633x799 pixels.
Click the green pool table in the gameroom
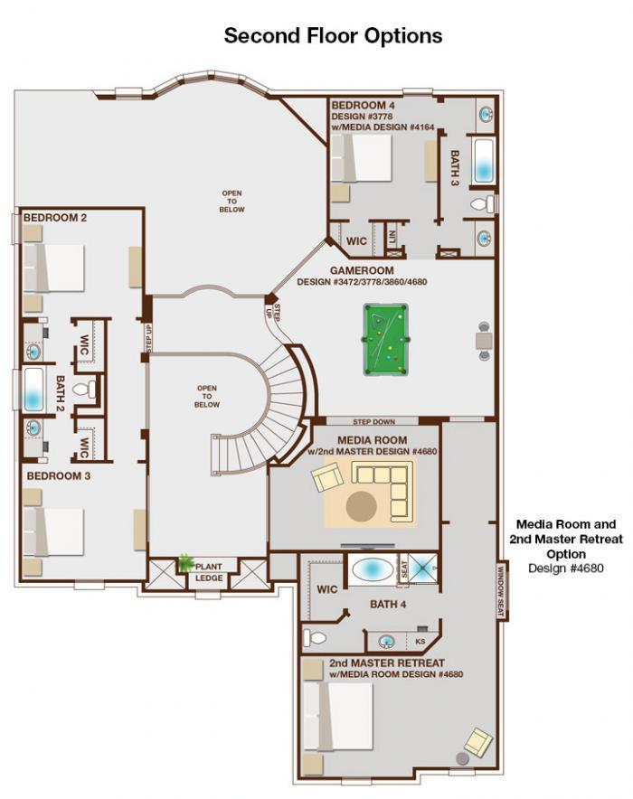[386, 340]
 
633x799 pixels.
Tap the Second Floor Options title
[334, 35]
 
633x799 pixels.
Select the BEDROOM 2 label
[55, 218]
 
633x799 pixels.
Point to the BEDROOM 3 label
[59, 476]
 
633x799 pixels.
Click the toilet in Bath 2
[84, 390]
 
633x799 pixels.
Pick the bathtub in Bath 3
[483, 161]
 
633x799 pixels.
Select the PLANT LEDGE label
[209, 572]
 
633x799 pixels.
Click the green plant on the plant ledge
[185, 562]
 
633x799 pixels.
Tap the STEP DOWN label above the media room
[374, 422]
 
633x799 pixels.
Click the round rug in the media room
[362, 506]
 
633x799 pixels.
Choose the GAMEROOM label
[362, 270]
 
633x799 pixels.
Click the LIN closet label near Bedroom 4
[392, 236]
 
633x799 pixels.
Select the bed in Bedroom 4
[362, 157]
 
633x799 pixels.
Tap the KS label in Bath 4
[420, 642]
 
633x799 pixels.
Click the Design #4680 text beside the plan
[566, 569]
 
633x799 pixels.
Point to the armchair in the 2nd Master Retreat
[478, 742]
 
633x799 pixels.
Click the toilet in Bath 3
[483, 204]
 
